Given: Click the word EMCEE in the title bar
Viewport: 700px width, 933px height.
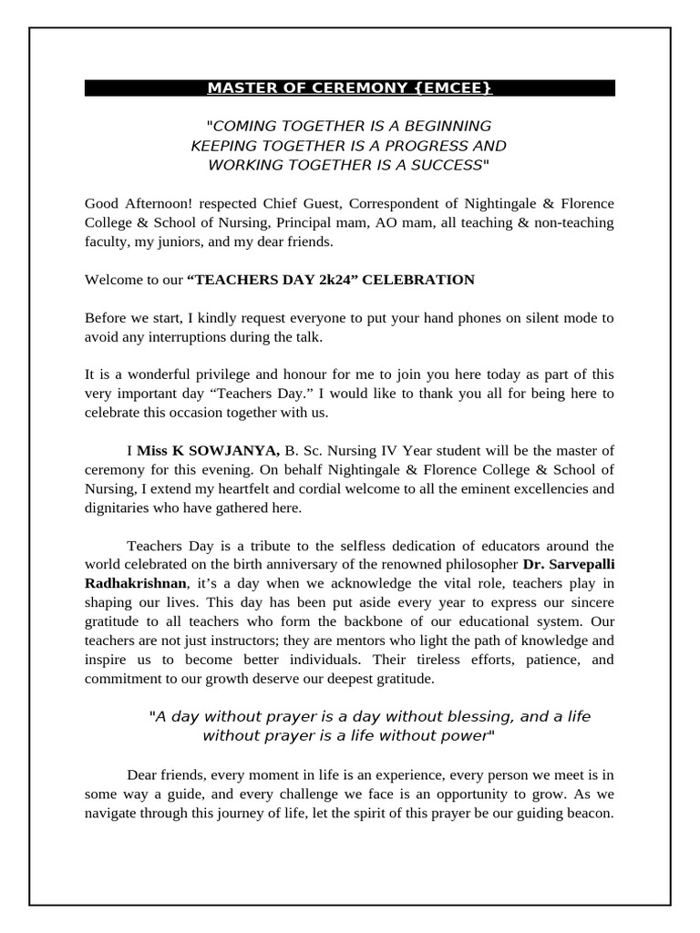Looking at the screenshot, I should point(459,88).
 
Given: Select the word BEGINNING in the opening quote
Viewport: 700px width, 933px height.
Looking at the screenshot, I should point(443,126).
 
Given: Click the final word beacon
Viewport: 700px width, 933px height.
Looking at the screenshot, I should point(591,813).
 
